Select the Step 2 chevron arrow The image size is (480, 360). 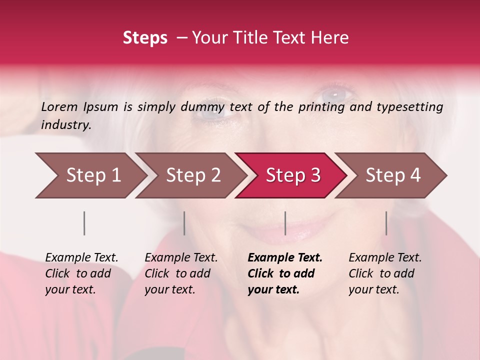click(x=193, y=175)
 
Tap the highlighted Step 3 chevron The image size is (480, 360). click(x=293, y=175)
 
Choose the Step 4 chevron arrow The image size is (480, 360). click(x=393, y=175)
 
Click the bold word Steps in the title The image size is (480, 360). click(x=145, y=38)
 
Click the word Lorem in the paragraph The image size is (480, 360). click(x=59, y=106)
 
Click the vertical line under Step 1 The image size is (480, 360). click(x=84, y=223)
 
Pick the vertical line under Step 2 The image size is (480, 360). click(x=184, y=223)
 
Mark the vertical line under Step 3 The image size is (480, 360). click(x=285, y=223)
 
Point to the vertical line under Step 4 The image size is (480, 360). click(x=386, y=223)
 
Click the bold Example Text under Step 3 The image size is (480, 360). click(x=285, y=258)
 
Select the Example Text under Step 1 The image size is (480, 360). click(x=81, y=258)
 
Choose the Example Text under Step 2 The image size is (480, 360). click(x=181, y=258)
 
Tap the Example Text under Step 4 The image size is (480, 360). click(x=385, y=258)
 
